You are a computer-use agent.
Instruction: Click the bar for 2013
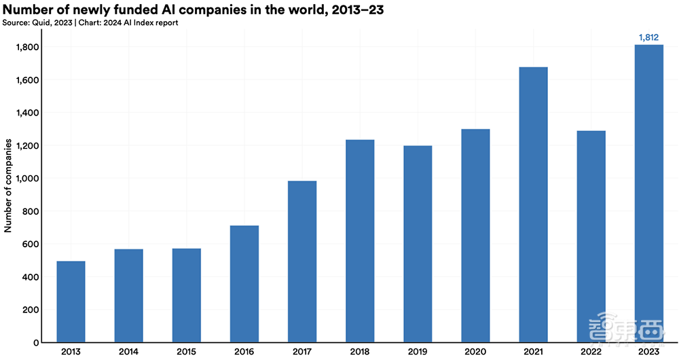(x=71, y=302)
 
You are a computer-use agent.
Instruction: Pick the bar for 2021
(x=533, y=204)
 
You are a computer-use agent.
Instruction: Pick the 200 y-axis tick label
(x=30, y=310)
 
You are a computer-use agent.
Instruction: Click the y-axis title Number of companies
(x=9, y=187)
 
